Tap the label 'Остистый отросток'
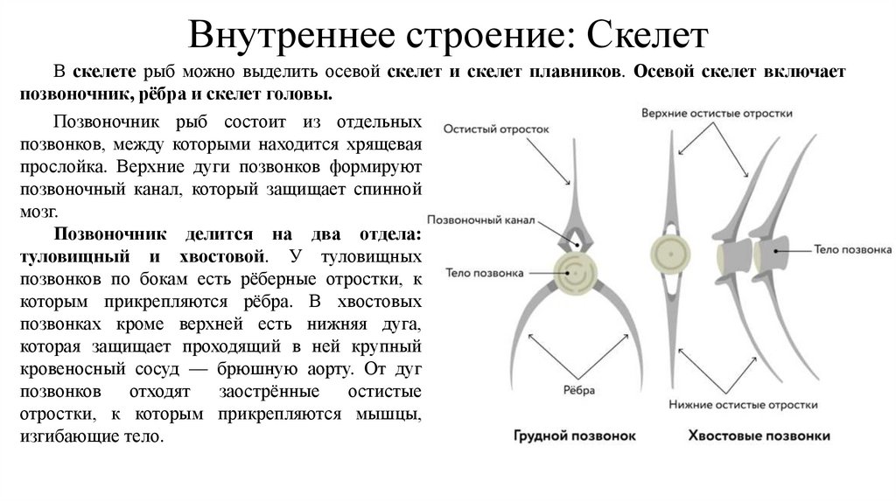(x=496, y=128)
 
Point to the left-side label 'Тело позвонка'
(x=484, y=272)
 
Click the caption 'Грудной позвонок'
(x=574, y=435)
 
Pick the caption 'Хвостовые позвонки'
(x=759, y=435)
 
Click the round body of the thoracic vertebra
(x=575, y=273)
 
